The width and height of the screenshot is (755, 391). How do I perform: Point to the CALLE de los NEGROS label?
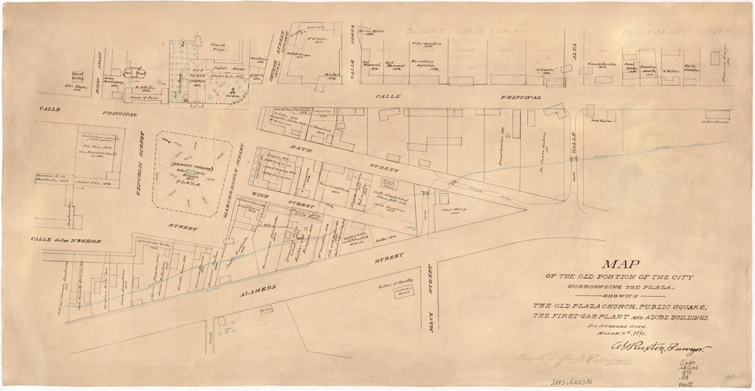67,241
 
